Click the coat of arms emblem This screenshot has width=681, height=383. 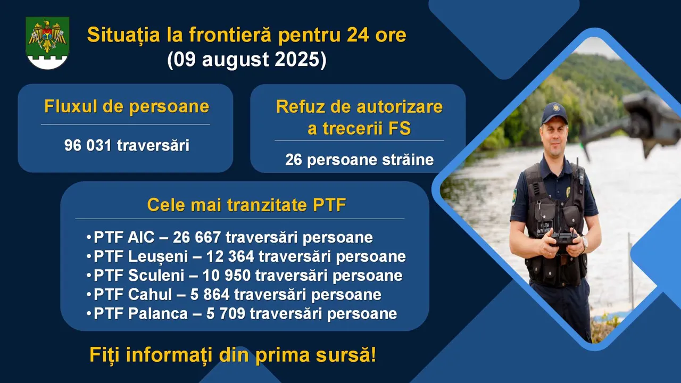47,43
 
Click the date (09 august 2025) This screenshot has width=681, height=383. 246,59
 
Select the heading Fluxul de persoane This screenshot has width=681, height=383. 127,107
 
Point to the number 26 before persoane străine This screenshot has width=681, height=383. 294,160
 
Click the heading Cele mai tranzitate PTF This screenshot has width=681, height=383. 246,205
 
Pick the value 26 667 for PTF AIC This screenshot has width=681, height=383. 197,237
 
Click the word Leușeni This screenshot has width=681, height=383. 158,257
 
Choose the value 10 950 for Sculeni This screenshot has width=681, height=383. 227,276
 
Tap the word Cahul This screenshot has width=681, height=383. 150,295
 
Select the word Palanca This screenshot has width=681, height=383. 158,314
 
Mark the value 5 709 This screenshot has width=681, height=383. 226,314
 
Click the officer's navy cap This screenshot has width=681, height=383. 554,113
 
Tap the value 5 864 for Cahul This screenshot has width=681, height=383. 210,295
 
